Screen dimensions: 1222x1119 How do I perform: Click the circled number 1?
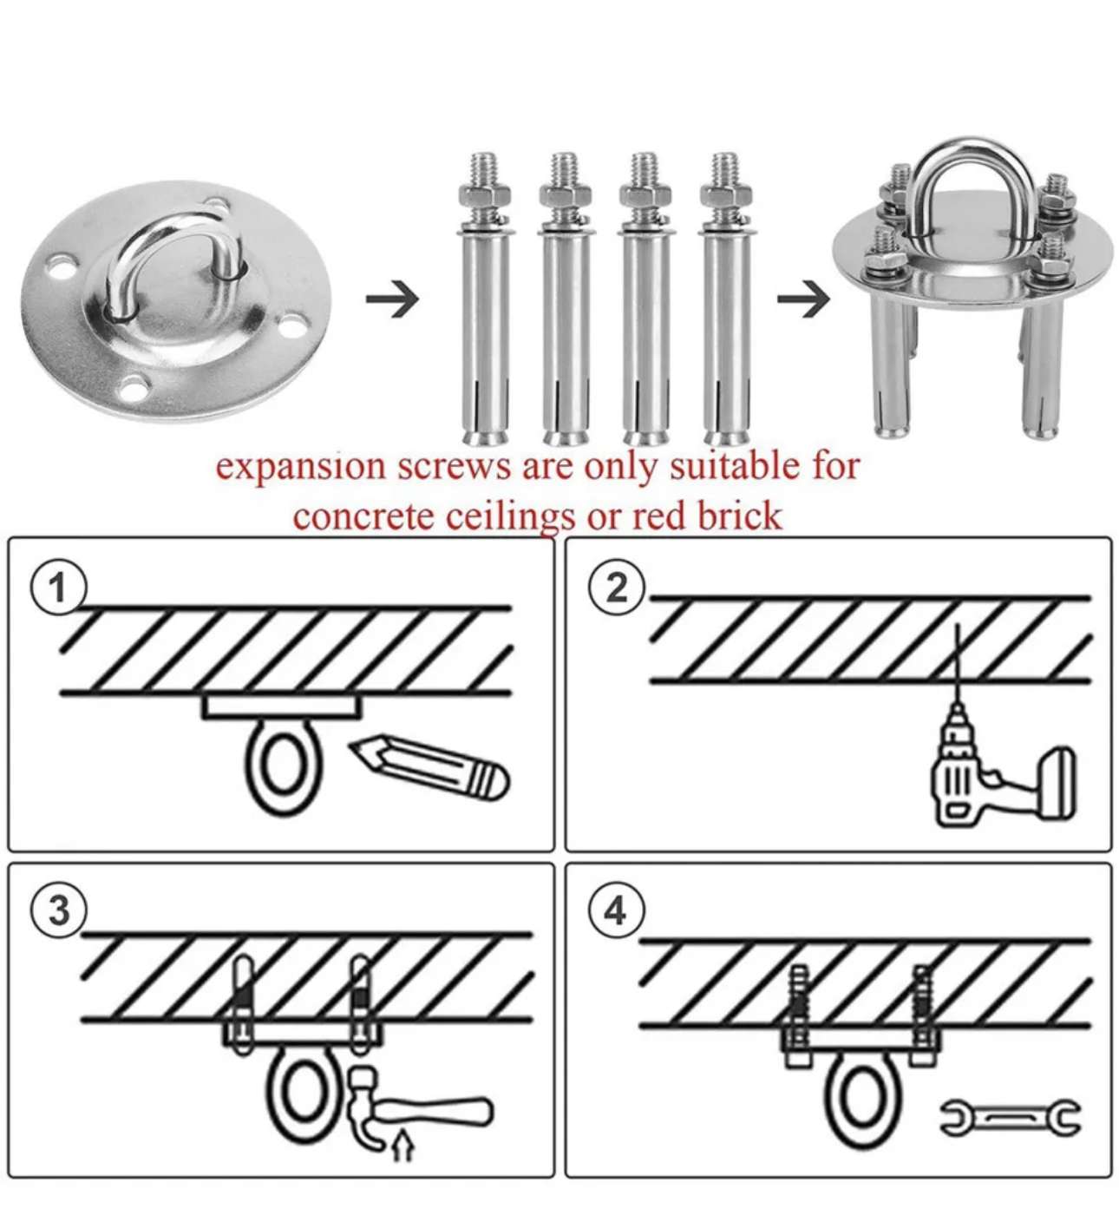59,589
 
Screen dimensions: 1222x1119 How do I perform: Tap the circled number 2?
617,588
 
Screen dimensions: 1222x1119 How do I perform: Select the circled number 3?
59,911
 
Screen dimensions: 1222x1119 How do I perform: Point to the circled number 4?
615,911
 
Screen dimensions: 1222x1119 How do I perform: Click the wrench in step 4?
1010,1117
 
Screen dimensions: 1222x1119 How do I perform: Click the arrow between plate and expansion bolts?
392,299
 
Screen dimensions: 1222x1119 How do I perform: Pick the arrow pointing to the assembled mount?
802,299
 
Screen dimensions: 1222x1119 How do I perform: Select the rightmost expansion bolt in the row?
725,299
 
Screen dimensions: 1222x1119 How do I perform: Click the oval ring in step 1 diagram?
281,768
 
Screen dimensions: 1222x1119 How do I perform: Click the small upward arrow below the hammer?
402,1146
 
